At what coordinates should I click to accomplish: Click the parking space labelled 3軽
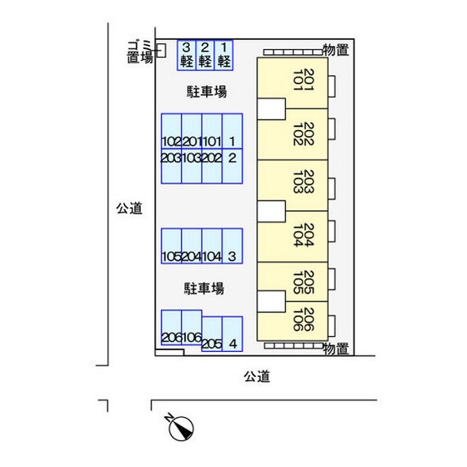pyautogui.click(x=186, y=55)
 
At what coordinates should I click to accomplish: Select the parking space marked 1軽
pyautogui.click(x=223, y=55)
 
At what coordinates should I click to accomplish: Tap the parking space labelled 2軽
pyautogui.click(x=204, y=55)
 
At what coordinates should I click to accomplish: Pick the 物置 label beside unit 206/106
pyautogui.click(x=335, y=349)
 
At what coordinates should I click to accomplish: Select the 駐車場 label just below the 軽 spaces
pyautogui.click(x=204, y=91)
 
